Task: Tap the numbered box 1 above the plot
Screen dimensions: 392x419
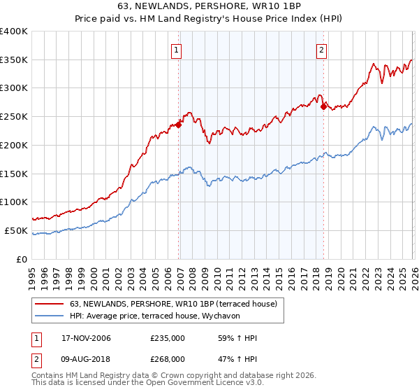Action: (x=177, y=50)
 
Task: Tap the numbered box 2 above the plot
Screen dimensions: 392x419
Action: (x=321, y=50)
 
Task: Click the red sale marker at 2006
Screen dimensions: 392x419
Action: (x=179, y=125)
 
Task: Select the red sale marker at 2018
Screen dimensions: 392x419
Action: (x=323, y=106)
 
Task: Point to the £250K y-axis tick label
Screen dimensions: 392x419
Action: (x=13, y=117)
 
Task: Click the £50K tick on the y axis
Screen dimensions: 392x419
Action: (x=15, y=230)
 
